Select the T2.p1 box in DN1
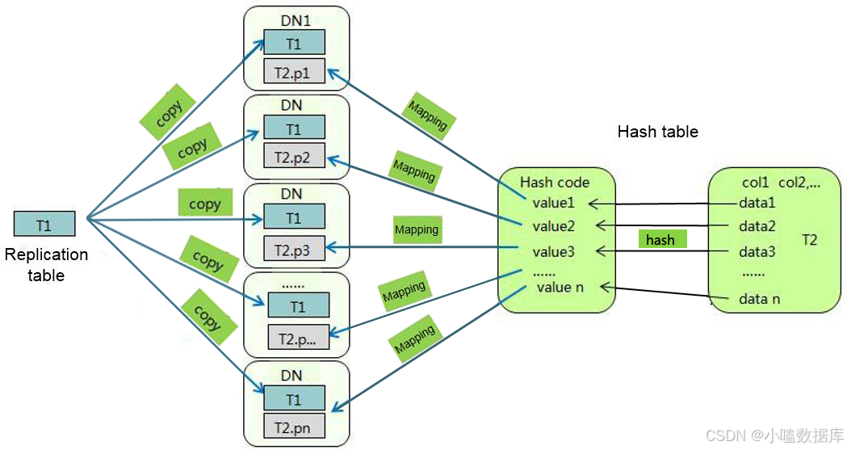294,73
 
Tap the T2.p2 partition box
294,157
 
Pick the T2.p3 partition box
294,250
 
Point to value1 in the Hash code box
554,203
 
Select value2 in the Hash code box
554,226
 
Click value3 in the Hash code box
554,251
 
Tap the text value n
560,286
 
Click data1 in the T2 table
757,203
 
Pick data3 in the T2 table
757,251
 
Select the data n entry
759,299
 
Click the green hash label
662,240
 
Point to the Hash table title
657,132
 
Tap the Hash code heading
555,182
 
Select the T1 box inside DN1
294,43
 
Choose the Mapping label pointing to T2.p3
417,229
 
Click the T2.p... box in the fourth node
298,338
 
